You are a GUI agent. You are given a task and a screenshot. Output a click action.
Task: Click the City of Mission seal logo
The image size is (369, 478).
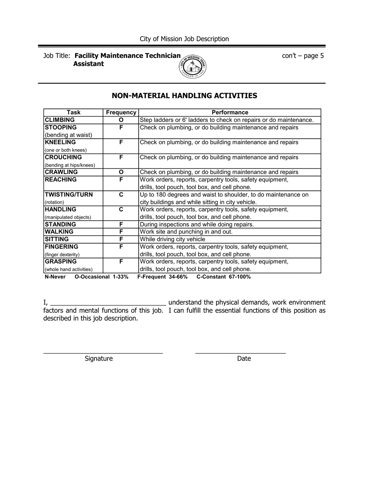point(193,67)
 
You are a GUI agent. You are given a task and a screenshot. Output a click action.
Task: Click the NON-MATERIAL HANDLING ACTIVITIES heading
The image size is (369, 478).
point(184,96)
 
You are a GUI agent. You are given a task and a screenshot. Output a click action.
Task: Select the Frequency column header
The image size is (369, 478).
point(121,112)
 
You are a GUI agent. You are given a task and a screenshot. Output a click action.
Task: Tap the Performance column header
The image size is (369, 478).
point(230,112)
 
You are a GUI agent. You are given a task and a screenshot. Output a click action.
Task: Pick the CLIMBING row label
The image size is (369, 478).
point(60,120)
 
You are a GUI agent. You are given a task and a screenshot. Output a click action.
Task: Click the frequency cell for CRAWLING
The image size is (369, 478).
point(121,172)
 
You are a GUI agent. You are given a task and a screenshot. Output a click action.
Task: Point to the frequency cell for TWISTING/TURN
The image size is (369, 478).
point(121,195)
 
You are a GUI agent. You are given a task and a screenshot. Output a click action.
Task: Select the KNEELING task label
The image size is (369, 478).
point(60,143)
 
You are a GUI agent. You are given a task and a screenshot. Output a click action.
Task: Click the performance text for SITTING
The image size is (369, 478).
point(172,239)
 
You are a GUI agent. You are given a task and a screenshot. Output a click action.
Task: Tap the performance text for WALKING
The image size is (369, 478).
point(186,232)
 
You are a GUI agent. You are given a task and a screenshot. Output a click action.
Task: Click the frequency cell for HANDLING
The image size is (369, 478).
point(121,210)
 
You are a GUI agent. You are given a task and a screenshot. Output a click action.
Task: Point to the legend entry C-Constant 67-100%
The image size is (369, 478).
point(223,277)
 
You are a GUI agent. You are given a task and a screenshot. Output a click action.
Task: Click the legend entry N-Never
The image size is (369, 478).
point(55,277)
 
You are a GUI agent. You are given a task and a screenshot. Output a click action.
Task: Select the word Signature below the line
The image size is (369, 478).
point(99,359)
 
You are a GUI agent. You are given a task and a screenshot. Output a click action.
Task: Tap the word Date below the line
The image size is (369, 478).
point(244,359)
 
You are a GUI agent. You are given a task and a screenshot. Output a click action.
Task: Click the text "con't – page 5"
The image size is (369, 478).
point(303,56)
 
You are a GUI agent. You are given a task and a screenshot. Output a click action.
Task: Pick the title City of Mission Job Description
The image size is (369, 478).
point(184,39)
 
